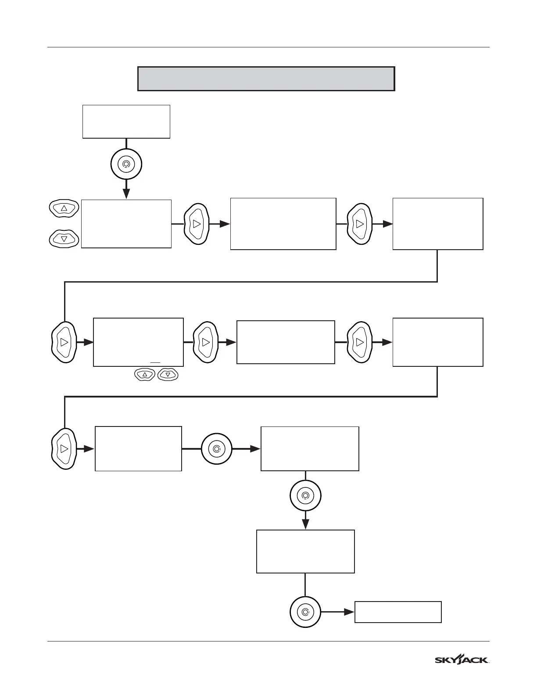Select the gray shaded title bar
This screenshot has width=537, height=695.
266,79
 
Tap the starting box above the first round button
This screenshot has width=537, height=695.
126,122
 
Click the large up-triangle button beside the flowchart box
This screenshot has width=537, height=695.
64,208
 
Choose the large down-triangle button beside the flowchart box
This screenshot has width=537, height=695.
64,239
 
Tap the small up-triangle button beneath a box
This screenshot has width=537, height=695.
144,375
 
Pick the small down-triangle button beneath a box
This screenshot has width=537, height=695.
168,375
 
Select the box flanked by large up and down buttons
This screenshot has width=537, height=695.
126,224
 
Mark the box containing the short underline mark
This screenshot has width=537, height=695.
138,342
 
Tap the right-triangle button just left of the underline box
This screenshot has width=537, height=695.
64,342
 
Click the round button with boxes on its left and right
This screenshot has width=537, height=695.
217,449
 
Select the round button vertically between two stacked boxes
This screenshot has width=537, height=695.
305,496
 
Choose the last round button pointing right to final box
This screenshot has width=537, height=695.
305,612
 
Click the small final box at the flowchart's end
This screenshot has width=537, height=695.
397,612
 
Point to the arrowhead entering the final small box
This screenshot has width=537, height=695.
349,612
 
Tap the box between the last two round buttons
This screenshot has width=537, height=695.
305,552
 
